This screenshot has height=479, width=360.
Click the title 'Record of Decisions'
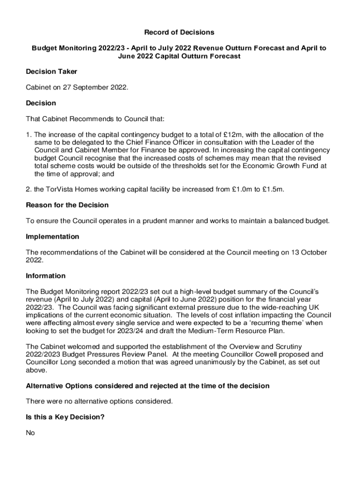coord(179,32)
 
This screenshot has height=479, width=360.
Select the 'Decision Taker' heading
coord(51,72)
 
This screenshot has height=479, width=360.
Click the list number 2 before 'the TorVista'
coord(28,189)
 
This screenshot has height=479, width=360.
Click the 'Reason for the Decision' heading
coord(67,205)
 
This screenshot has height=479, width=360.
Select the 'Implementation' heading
coord(52,237)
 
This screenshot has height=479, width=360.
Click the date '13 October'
coord(307,253)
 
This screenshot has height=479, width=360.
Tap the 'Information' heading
coord(46,276)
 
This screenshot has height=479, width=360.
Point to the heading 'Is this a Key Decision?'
coord(65,417)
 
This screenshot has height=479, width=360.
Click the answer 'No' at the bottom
coord(30,433)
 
